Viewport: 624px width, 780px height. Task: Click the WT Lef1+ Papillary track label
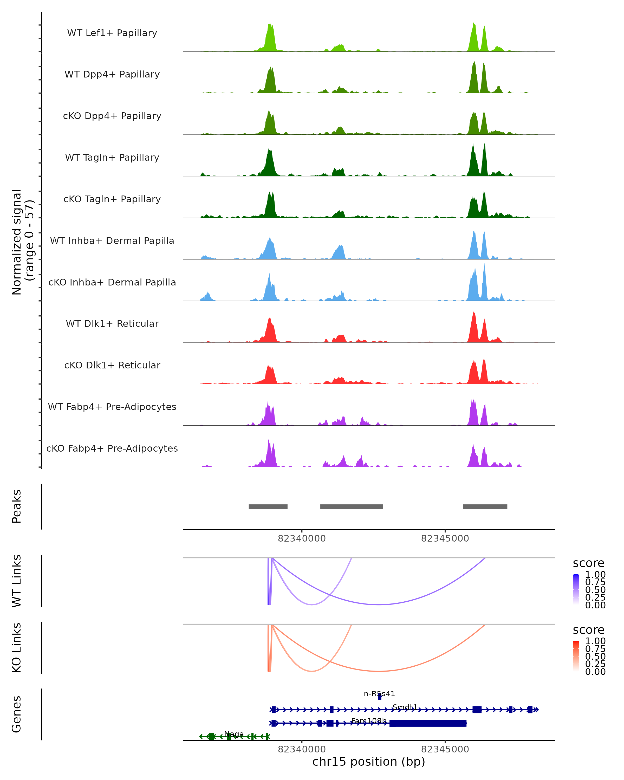coord(112,33)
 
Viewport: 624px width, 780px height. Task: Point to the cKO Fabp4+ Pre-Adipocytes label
coord(112,448)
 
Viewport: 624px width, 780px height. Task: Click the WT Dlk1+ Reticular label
coord(112,323)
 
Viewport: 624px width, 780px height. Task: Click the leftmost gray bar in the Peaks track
coord(268,506)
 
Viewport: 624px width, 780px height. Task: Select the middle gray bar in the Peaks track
coord(351,506)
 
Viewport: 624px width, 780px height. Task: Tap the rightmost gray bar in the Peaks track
coord(485,506)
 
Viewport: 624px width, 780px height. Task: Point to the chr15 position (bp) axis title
coord(369,762)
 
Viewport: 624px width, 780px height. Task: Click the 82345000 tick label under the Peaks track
coord(445,538)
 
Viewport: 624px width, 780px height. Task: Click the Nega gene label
coord(234,734)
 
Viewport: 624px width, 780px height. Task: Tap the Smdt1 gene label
coord(405,707)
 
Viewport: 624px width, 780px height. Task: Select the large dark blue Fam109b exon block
coord(428,723)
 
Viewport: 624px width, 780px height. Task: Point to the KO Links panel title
coord(17,648)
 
